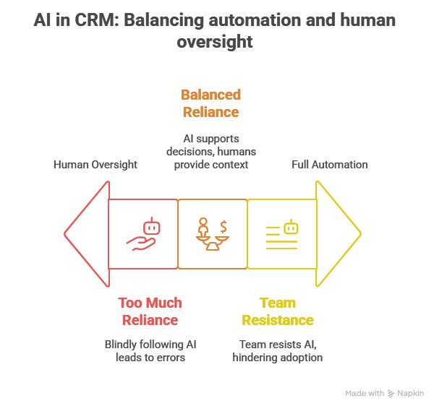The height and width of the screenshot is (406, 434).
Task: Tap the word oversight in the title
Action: tap(217, 41)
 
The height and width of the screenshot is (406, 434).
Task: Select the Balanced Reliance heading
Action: tap(210, 103)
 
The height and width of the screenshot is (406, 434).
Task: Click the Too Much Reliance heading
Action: tap(149, 311)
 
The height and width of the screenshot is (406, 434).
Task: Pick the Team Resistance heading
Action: tap(278, 311)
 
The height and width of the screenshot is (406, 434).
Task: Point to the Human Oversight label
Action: tap(95, 165)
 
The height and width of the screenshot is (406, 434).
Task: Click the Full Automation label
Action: tap(330, 165)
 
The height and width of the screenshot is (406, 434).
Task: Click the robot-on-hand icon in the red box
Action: tap(143, 234)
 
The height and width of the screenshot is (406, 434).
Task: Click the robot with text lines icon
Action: tap(282, 234)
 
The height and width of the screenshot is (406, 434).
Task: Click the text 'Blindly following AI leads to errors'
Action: tap(150, 350)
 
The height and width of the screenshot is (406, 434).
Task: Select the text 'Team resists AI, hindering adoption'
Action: tap(278, 350)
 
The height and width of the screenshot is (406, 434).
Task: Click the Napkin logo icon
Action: tap(391, 394)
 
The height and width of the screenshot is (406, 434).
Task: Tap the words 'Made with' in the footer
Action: tap(365, 394)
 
